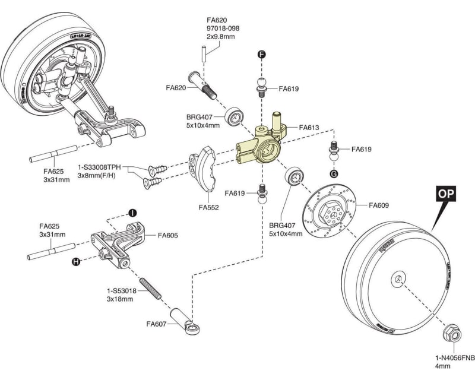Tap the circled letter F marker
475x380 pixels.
pos(261,54)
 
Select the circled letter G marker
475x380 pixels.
pos(334,173)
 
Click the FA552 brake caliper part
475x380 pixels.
pos(202,172)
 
